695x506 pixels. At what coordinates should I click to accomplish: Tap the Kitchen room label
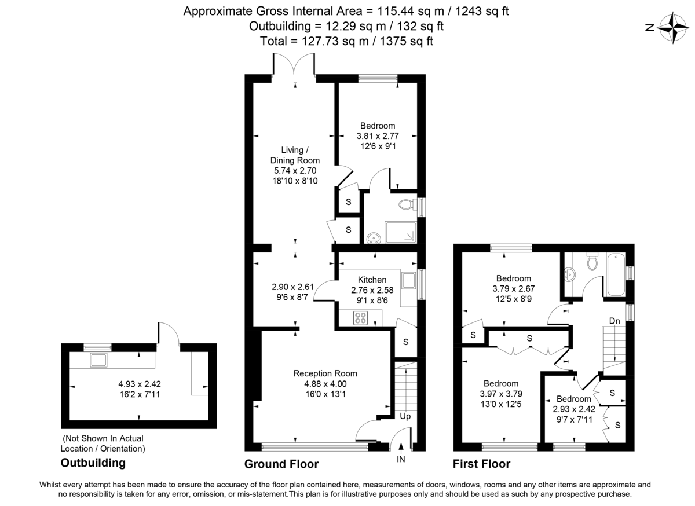pyautogui.click(x=372, y=280)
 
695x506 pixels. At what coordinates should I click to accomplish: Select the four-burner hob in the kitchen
pyautogui.click(x=361, y=318)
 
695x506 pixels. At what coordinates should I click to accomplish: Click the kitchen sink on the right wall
pyautogui.click(x=409, y=281)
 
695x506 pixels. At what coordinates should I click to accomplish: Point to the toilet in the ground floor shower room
pyautogui.click(x=407, y=205)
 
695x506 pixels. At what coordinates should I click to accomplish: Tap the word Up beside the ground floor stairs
pyautogui.click(x=404, y=416)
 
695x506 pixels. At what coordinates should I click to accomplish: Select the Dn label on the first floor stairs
pyautogui.click(x=616, y=321)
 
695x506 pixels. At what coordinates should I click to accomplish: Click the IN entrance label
pyautogui.click(x=401, y=459)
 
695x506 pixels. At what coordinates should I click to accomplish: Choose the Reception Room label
pyautogui.click(x=325, y=373)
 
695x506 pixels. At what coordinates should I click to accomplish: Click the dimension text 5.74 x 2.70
pyautogui.click(x=295, y=171)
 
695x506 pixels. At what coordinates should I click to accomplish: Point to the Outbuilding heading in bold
pyautogui.click(x=93, y=463)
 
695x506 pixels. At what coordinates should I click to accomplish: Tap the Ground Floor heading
pyautogui.click(x=281, y=464)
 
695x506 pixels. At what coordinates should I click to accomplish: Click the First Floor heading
pyautogui.click(x=482, y=464)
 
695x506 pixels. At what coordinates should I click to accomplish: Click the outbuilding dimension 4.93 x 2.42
pyautogui.click(x=138, y=384)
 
